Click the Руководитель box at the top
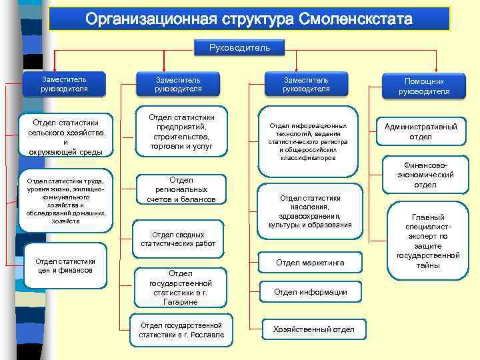[239, 48]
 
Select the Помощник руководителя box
[424, 86]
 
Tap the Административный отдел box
[421, 131]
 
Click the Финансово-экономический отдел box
[425, 175]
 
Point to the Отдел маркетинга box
[310, 263]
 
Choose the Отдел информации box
[310, 292]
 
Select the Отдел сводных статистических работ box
[178, 239]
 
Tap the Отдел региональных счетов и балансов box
[181, 190]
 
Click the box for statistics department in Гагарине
[180, 287]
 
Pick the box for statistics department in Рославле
[181, 330]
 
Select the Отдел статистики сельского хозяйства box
[65, 137]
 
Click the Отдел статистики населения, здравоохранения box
[310, 211]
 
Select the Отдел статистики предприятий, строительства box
[181, 131]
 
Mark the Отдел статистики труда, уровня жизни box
[64, 201]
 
